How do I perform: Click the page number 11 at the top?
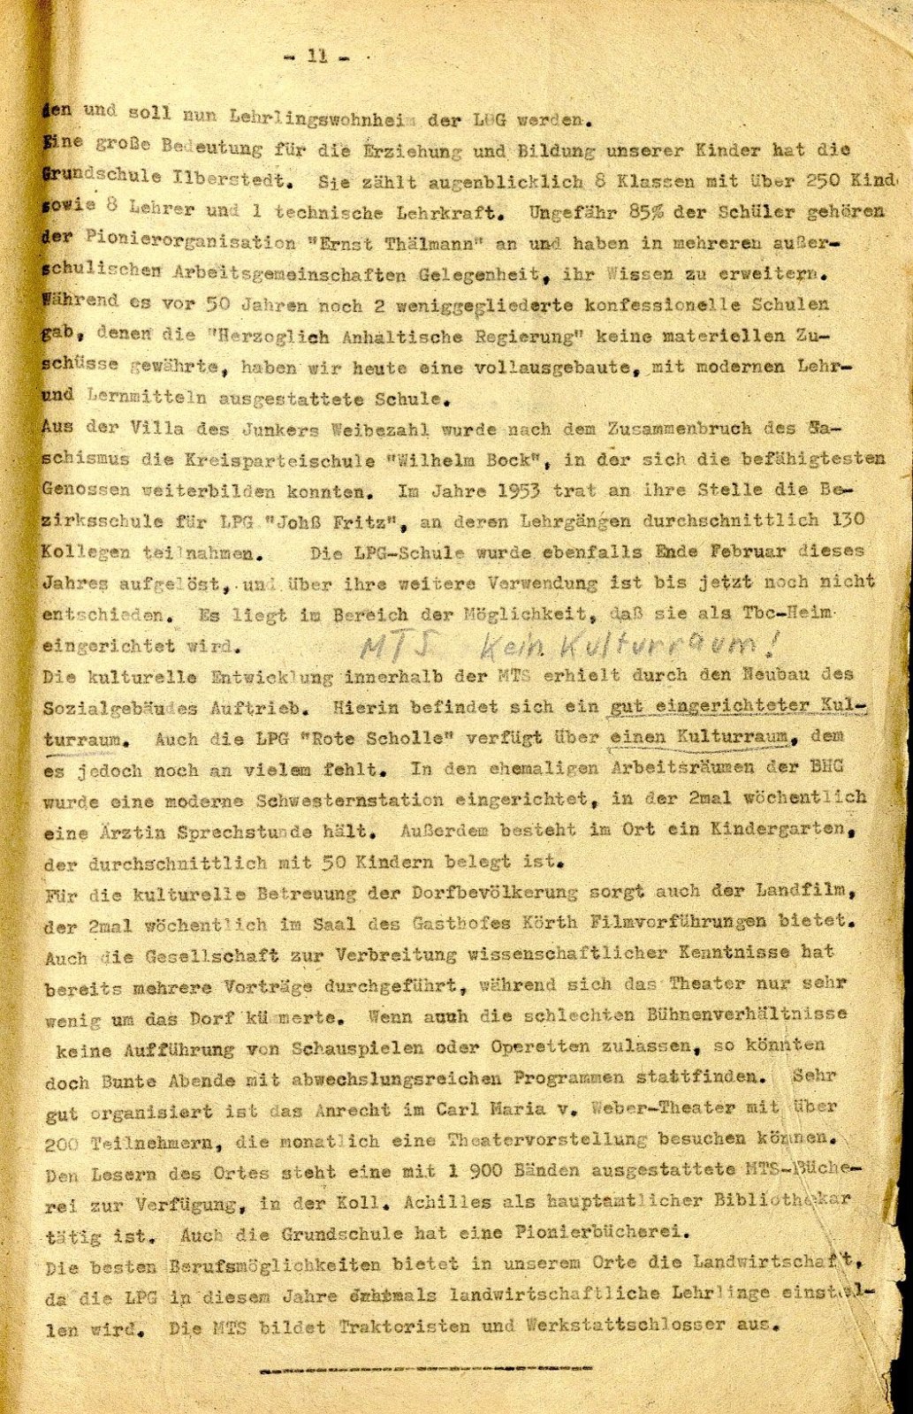coord(316,57)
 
